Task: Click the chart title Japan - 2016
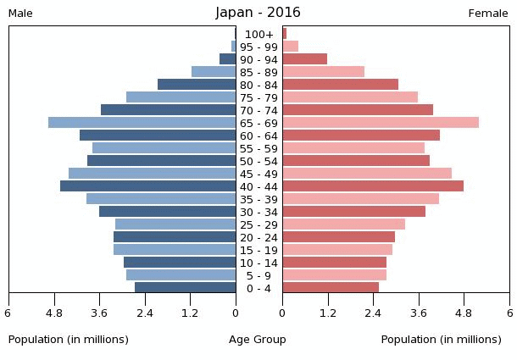pos(258,13)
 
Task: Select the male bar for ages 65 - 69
pos(142,123)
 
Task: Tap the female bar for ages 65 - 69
pos(381,123)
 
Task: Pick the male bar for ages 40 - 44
pos(147,186)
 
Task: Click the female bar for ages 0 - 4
pos(331,288)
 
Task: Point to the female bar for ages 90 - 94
pos(305,59)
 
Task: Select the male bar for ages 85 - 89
pos(214,72)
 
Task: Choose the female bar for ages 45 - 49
pos(367,174)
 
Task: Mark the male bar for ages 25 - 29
pos(175,224)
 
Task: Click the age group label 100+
pos(258,34)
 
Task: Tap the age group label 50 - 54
pos(258,161)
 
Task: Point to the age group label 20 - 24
pos(258,237)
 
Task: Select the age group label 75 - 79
pos(258,97)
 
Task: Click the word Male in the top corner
pos(20,14)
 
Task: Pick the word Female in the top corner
pos(488,14)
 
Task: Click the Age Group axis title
pos(258,340)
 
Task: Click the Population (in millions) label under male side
pos(69,340)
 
